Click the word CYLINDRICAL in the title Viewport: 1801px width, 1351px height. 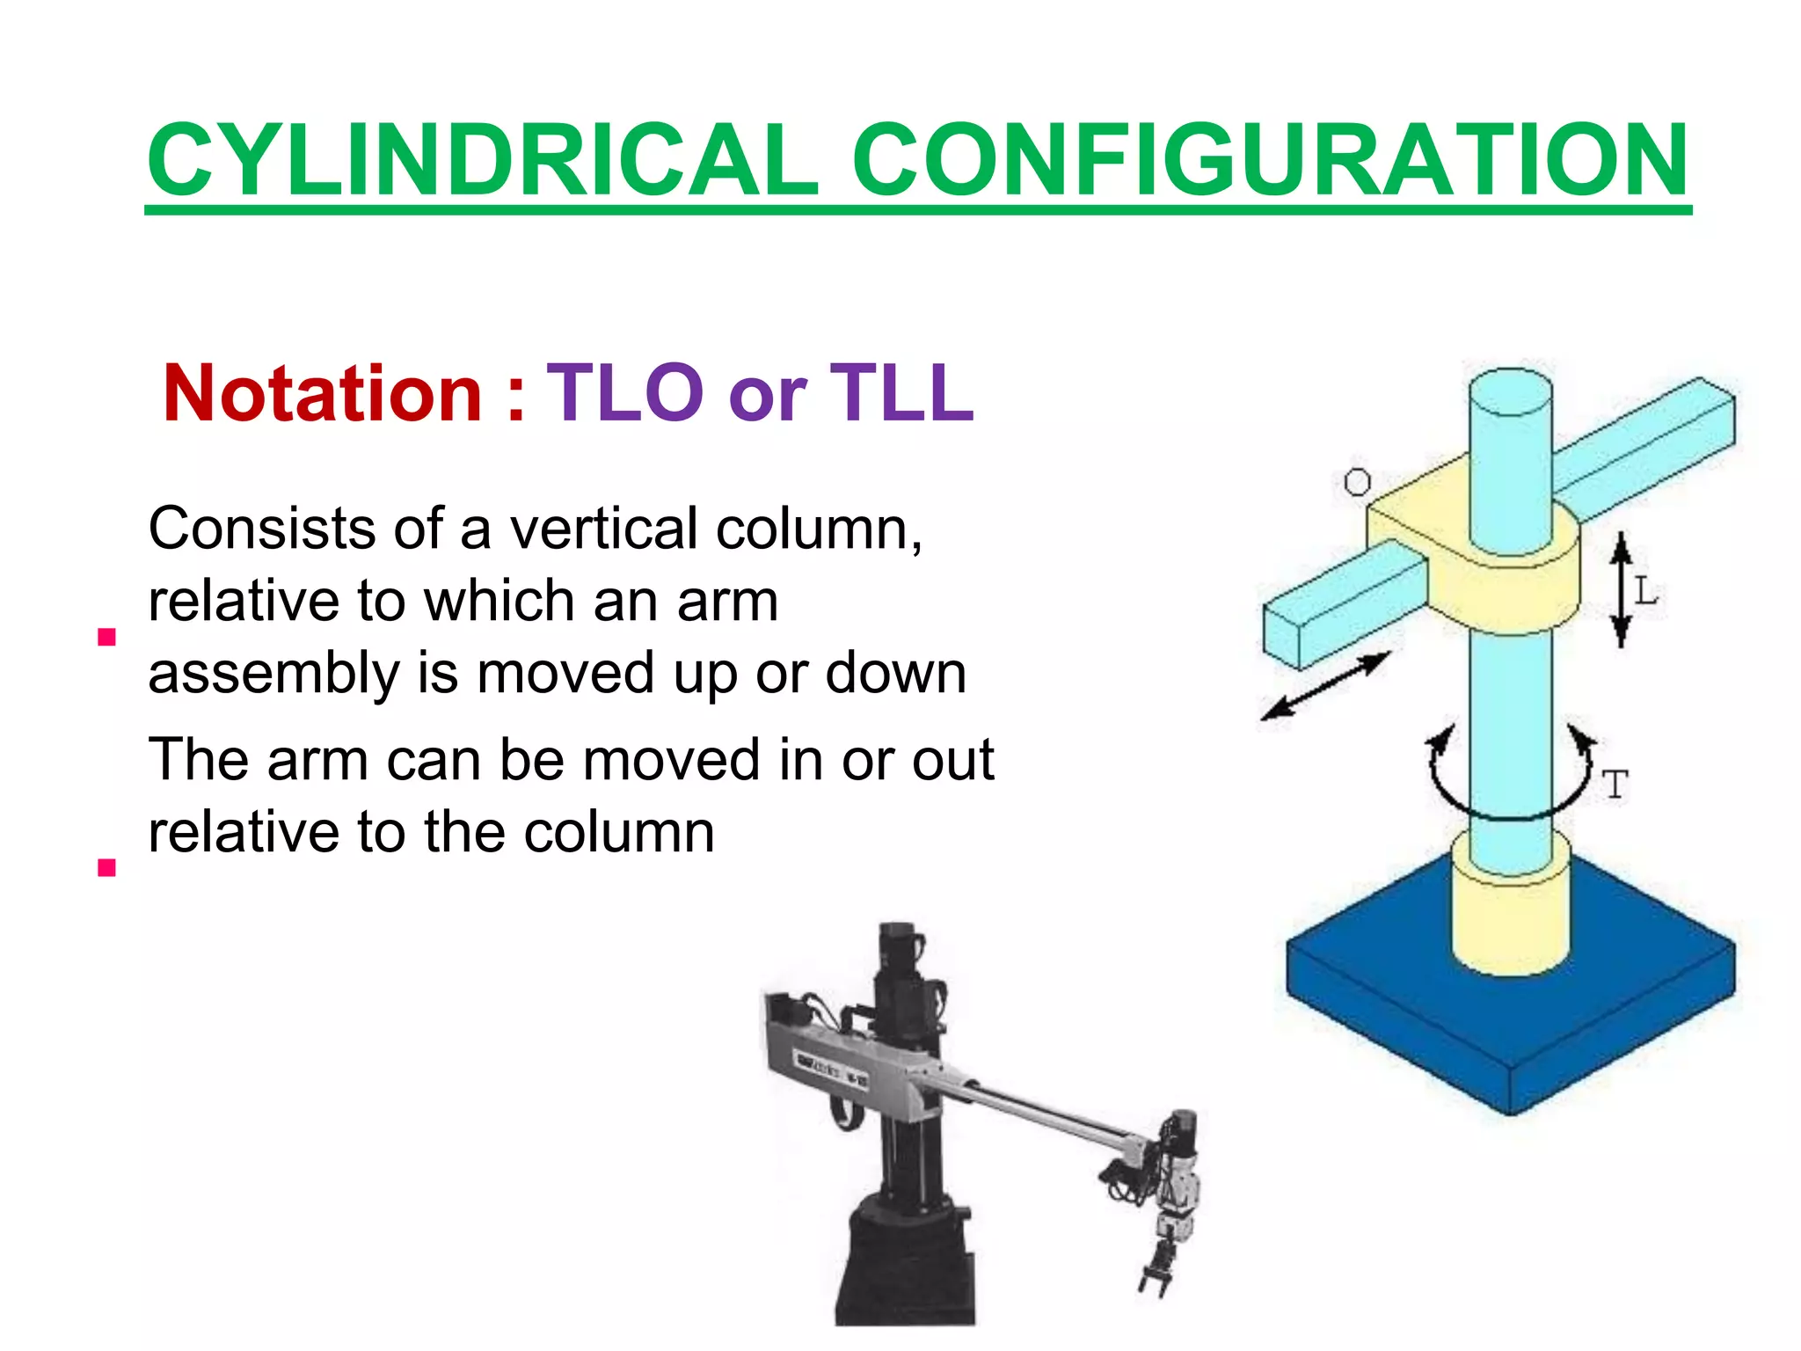pos(483,160)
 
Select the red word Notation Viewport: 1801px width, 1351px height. pos(322,393)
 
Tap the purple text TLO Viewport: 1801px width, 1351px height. pos(625,393)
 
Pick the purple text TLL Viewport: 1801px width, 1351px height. pos(902,393)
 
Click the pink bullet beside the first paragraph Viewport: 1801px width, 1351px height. pos(107,637)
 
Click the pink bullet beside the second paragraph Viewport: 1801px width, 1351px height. pos(107,868)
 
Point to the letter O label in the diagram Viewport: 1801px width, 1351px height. pos(1357,482)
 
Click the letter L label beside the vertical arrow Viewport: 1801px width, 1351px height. pos(1645,591)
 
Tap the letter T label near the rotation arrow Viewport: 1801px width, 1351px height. pos(1615,785)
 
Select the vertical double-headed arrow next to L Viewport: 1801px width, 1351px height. pos(1622,589)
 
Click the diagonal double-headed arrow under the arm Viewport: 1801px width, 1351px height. pos(1325,686)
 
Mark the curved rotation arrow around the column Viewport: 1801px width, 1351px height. pos(1511,783)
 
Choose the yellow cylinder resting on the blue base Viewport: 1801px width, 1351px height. pos(1510,915)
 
